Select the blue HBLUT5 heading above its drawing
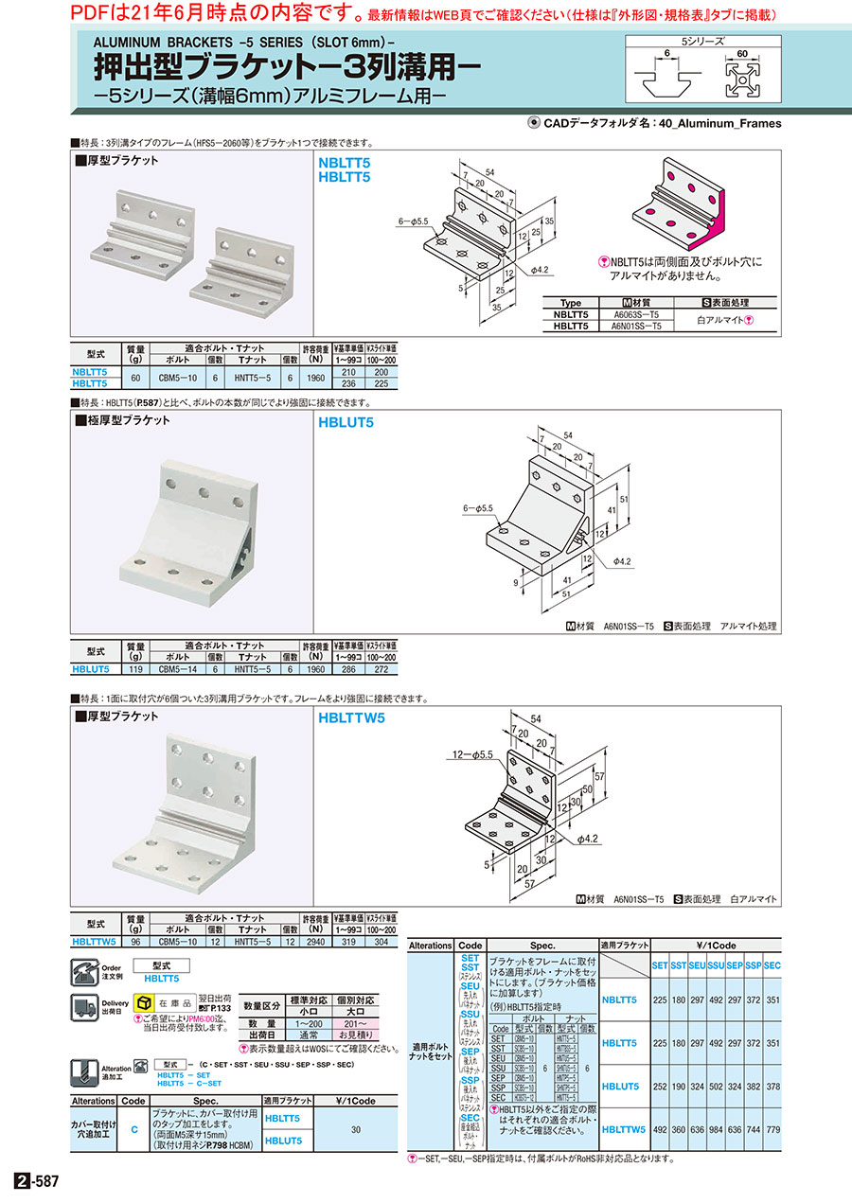(x=346, y=422)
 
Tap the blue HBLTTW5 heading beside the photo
(x=353, y=717)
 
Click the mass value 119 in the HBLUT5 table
(x=135, y=669)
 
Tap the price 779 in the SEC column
(x=772, y=1129)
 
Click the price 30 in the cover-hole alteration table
(x=356, y=1130)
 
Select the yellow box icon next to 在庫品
(x=144, y=1002)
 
